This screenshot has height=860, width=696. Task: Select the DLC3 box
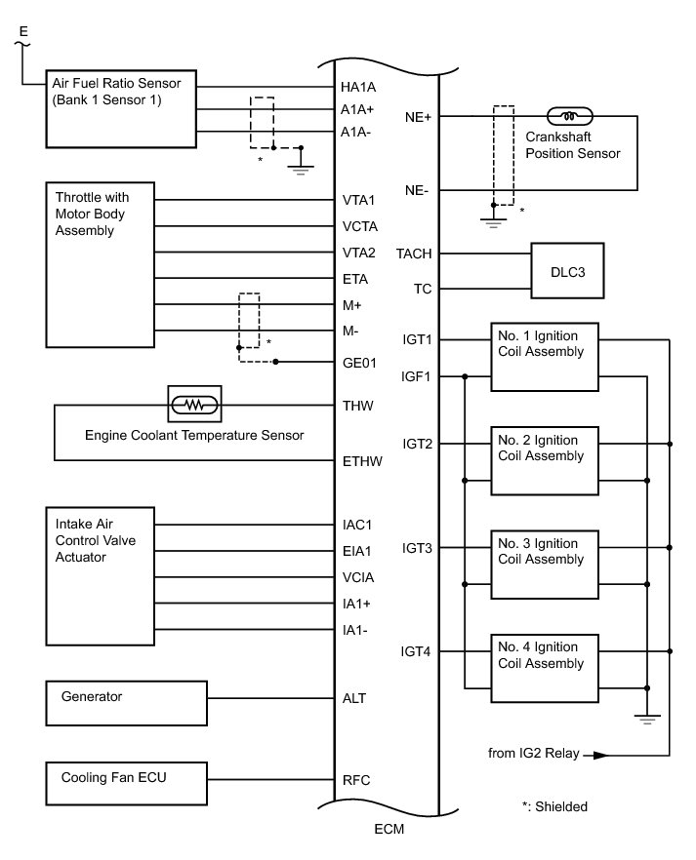567,272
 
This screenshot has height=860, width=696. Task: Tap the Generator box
127,698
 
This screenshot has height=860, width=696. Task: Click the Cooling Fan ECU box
127,779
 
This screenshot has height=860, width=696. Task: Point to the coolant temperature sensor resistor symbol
195,402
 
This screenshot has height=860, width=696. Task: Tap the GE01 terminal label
359,363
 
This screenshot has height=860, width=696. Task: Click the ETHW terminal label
361,461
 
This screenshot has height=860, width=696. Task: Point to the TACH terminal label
414,254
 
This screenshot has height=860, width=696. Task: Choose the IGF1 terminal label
417,376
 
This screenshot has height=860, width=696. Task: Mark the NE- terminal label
418,191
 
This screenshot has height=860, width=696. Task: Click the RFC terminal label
355,780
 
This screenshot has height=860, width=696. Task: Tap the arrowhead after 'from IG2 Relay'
598,755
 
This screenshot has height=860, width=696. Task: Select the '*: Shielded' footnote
555,806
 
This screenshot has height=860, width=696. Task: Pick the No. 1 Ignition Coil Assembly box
543,357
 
